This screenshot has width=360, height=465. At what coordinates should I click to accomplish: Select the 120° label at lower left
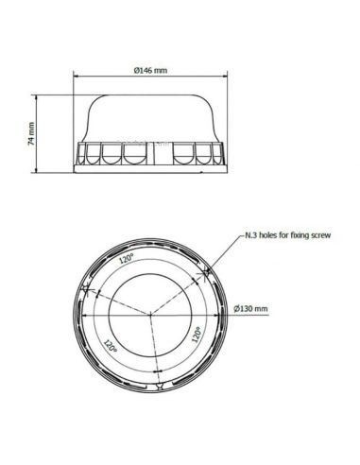[x=111, y=346]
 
